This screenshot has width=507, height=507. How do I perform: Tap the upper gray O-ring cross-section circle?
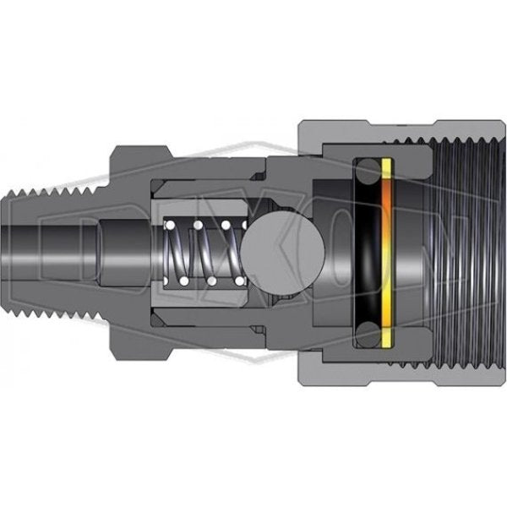point(368,171)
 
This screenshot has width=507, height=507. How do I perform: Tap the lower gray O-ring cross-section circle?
point(368,335)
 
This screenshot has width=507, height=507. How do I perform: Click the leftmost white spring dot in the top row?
point(170,225)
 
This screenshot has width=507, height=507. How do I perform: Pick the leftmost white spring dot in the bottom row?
point(184,281)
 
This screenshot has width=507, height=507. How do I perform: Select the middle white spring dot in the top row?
point(198,225)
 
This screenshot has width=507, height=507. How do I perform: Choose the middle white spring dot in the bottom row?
point(212,281)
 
